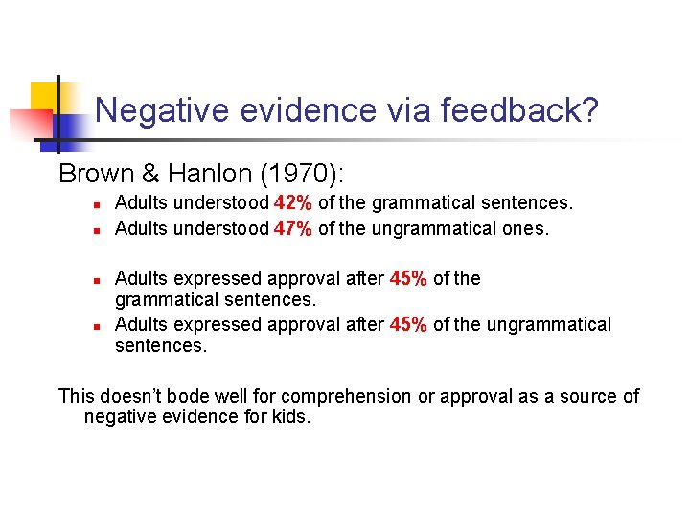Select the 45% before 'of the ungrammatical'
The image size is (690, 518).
pyautogui.click(x=408, y=324)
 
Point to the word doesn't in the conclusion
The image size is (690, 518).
pyautogui.click(x=132, y=396)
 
